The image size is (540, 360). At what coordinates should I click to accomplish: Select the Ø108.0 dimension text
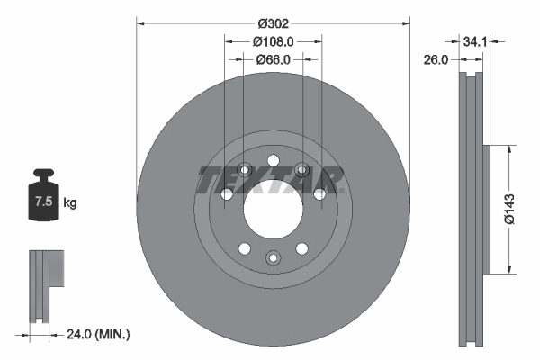[x=274, y=41]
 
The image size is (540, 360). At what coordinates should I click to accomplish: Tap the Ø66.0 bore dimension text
[x=274, y=59]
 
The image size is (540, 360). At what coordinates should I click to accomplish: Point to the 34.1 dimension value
[x=476, y=41]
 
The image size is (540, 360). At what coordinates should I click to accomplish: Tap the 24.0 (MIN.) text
[x=100, y=334]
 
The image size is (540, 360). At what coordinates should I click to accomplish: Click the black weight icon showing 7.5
[x=41, y=200]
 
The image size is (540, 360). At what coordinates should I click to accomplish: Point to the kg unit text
[x=70, y=203]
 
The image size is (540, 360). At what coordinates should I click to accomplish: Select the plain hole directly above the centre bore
[x=272, y=155]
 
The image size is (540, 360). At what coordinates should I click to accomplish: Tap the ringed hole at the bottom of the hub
[x=272, y=258]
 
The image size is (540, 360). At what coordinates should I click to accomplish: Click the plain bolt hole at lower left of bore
[x=242, y=248]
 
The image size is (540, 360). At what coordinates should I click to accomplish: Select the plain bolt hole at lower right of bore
[x=301, y=248]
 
